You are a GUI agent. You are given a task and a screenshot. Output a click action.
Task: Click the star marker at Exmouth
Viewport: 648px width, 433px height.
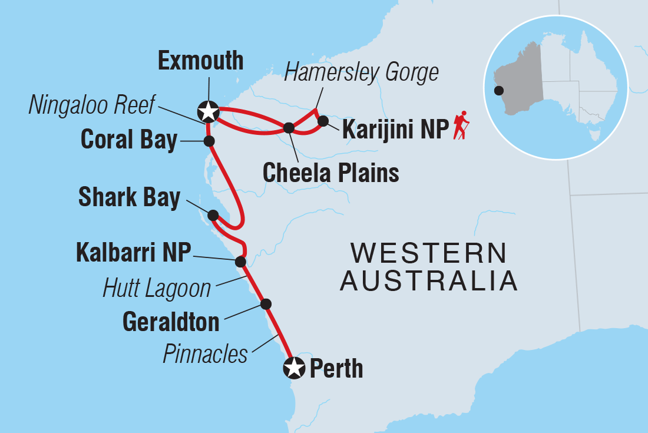[x=207, y=110]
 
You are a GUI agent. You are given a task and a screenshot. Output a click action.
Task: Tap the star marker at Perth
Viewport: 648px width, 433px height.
[x=294, y=368]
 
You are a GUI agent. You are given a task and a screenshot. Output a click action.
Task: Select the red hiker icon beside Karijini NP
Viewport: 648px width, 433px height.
[x=461, y=125]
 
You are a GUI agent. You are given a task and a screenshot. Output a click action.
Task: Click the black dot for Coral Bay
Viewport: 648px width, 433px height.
[x=208, y=141]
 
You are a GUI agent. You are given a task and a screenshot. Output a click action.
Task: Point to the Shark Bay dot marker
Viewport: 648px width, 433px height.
[x=213, y=215]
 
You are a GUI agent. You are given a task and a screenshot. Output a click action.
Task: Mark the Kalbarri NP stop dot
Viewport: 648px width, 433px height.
[x=240, y=262]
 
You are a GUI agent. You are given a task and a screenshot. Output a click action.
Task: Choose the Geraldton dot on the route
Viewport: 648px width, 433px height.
[x=266, y=304]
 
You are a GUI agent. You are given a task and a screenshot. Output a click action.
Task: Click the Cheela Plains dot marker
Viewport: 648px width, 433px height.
[x=289, y=127]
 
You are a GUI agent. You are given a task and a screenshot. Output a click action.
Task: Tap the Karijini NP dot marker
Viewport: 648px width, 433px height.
[x=323, y=121]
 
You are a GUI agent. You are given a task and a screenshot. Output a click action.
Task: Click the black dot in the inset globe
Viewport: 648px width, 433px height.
[x=499, y=91]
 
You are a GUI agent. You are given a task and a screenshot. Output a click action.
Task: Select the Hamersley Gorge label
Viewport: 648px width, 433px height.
[x=362, y=72]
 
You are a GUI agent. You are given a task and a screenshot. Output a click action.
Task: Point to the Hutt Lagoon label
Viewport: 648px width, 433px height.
[x=157, y=288]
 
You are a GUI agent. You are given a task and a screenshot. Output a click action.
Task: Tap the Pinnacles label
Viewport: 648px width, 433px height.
[x=205, y=354]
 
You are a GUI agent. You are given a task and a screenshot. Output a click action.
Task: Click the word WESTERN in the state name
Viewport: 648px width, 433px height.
[x=428, y=254]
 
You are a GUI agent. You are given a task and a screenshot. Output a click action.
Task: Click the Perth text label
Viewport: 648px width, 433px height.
[x=336, y=369]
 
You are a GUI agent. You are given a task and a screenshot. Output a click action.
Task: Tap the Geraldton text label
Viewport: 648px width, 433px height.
[x=171, y=322]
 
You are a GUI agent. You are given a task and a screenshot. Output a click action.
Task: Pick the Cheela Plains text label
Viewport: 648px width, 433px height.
[x=330, y=173]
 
